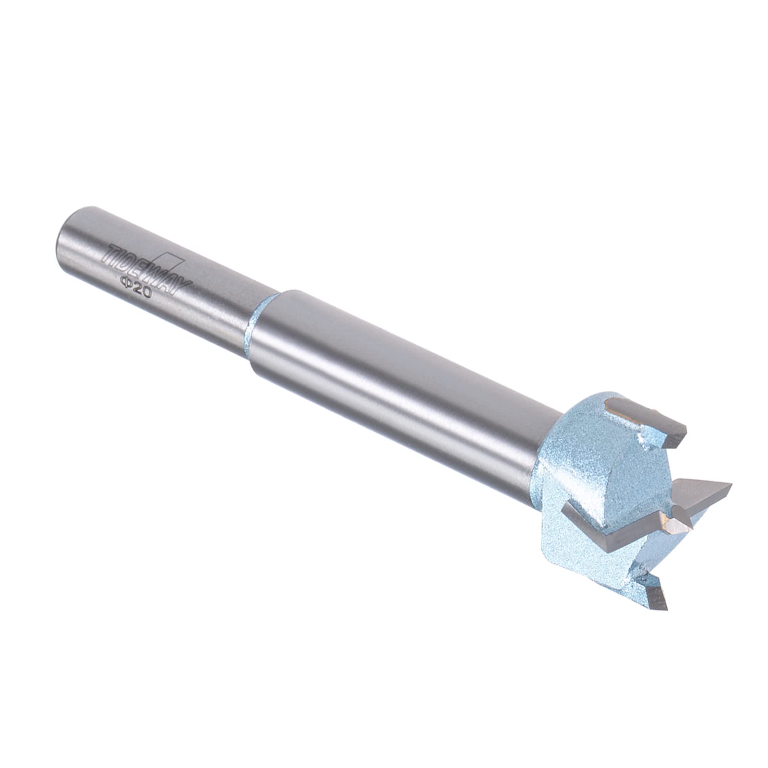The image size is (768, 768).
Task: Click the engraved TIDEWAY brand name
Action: coord(145,268)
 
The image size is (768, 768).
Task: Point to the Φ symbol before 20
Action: coord(126,282)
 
